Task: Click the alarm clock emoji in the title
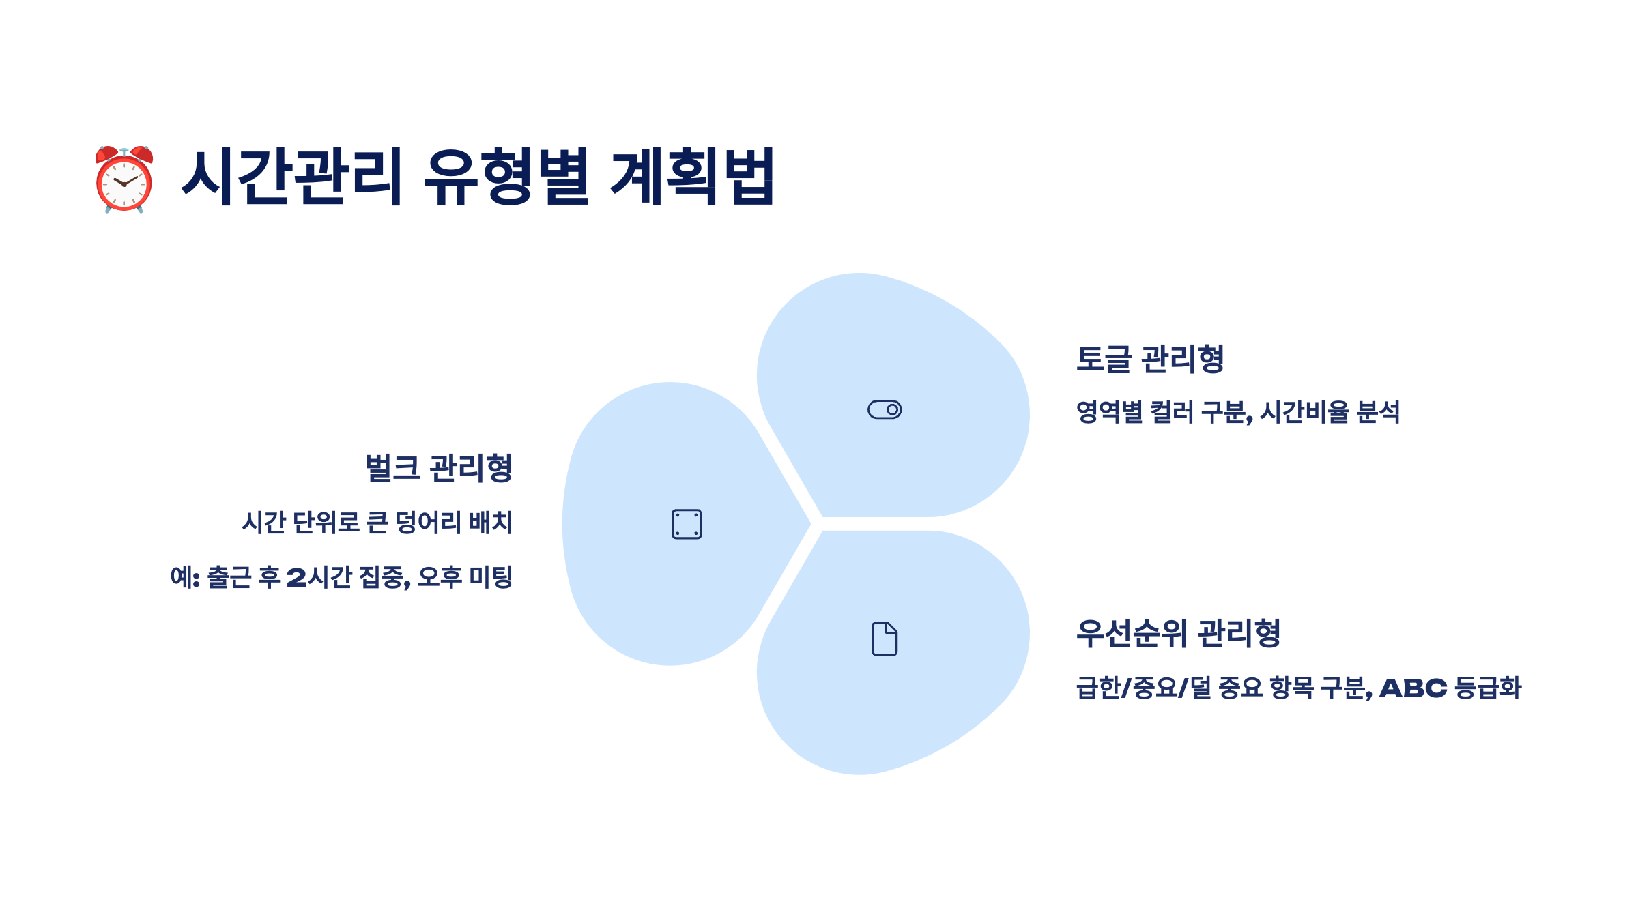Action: click(x=124, y=179)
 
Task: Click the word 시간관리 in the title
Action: click(x=292, y=177)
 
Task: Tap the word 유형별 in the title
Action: click(x=506, y=177)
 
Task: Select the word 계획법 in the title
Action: click(x=692, y=177)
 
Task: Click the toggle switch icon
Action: click(x=885, y=409)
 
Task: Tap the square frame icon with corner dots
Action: click(x=687, y=524)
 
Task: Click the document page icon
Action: click(x=885, y=639)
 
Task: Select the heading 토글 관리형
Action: click(x=1150, y=359)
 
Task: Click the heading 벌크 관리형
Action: click(x=439, y=468)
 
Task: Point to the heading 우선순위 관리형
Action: click(x=1178, y=633)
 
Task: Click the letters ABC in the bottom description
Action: click(x=1413, y=688)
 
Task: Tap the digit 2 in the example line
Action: click(x=296, y=578)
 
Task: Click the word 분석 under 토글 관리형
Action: click(x=1378, y=412)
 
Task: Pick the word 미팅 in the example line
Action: click(x=491, y=577)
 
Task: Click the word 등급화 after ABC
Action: click(x=1488, y=688)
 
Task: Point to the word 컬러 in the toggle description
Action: click(x=1172, y=412)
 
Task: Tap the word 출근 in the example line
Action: click(x=229, y=577)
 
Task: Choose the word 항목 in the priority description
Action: click(x=1291, y=688)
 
